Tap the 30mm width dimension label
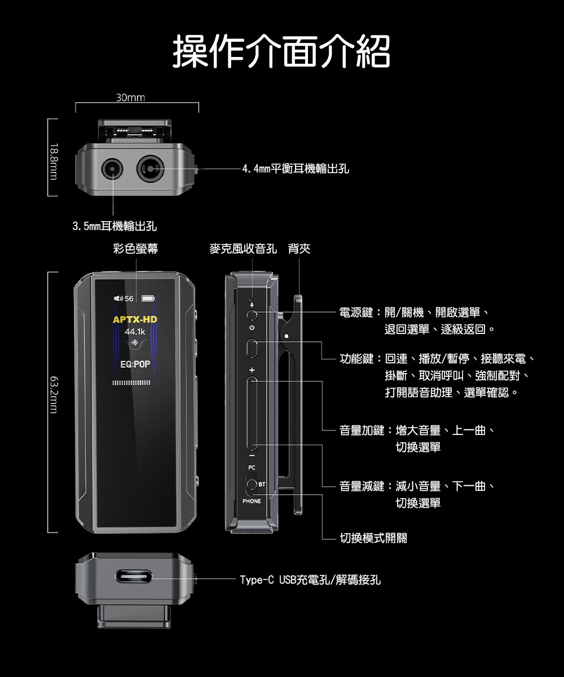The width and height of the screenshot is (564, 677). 130,98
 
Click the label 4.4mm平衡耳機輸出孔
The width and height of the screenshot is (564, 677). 295,168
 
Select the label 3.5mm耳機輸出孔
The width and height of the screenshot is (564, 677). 114,227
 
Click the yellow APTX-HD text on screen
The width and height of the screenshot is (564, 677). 135,320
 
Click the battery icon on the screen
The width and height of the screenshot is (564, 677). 148,298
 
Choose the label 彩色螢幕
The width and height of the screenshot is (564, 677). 135,249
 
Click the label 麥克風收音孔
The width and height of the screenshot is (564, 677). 243,249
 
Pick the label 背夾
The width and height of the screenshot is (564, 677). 299,249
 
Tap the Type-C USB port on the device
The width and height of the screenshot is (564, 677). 135,578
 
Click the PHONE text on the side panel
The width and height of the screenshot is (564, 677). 252,501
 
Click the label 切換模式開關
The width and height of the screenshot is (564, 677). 373,538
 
